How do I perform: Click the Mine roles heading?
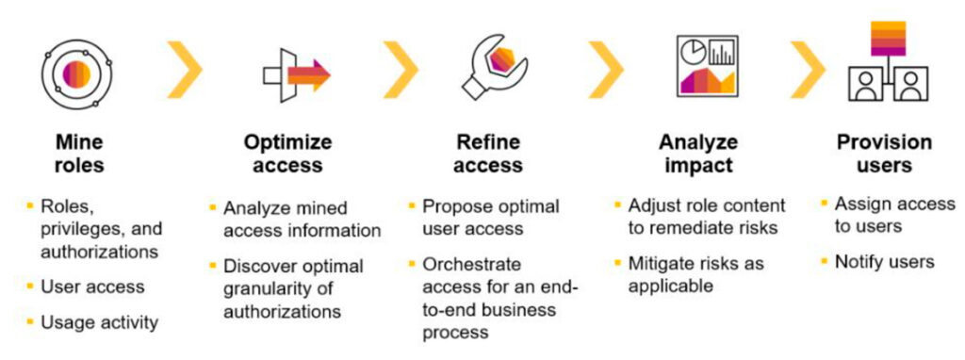click(x=78, y=154)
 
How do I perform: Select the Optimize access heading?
click(x=288, y=154)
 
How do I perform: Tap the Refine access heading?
click(x=488, y=154)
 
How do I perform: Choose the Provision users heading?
click(x=885, y=154)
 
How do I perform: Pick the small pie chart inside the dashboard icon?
click(x=693, y=49)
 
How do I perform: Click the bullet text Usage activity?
click(x=99, y=322)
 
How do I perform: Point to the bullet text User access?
click(x=91, y=286)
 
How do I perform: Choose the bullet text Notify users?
click(x=885, y=262)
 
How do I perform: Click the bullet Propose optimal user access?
click(x=491, y=217)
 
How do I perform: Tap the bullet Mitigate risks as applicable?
click(x=696, y=273)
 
